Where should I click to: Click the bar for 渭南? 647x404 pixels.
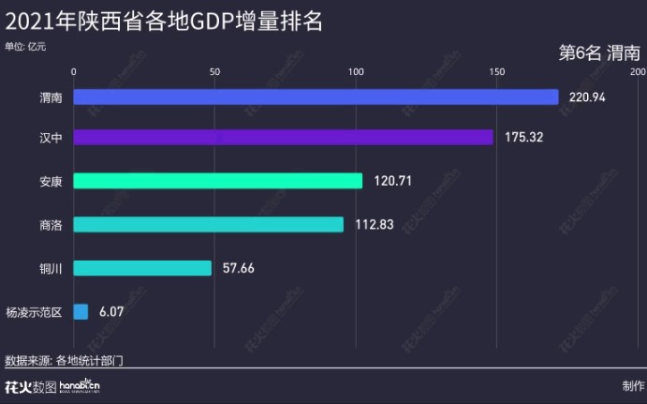click(316, 97)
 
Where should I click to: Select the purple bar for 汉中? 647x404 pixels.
click(283, 138)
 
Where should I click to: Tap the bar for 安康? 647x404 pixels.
click(217, 181)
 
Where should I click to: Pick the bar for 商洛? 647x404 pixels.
click(208, 224)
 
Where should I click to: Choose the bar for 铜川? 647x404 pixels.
click(142, 268)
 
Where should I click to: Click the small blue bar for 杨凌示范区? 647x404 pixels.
click(81, 311)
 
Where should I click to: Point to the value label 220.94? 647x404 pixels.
click(588, 97)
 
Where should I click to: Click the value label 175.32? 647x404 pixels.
click(523, 138)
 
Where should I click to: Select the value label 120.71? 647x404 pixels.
click(392, 181)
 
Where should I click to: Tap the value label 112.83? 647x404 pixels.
click(375, 224)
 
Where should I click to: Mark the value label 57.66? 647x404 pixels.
click(239, 268)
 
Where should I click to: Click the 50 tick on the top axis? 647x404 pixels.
click(214, 71)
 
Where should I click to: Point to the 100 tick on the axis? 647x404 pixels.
click(356, 71)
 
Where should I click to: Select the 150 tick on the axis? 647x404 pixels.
click(496, 71)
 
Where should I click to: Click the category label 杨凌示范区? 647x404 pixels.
click(34, 311)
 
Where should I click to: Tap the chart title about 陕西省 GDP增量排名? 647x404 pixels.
click(164, 21)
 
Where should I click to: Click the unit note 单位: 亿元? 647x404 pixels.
click(25, 45)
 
